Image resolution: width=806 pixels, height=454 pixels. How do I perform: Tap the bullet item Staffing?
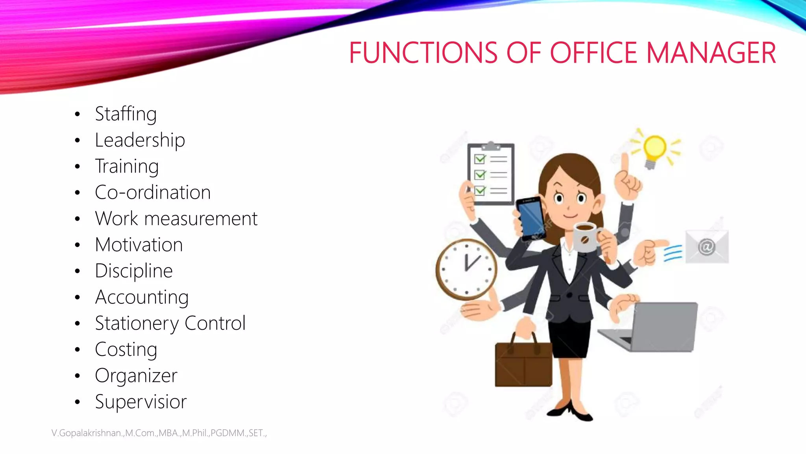click(x=126, y=114)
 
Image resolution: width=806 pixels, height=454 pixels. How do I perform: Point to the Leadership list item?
click(x=140, y=140)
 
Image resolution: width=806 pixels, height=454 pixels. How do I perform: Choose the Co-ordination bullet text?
click(x=153, y=193)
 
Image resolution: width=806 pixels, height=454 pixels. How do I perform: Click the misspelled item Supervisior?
click(x=141, y=402)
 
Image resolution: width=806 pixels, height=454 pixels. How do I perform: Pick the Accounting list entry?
click(x=142, y=297)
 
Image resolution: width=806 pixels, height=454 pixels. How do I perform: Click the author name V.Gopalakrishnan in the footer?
click(x=87, y=433)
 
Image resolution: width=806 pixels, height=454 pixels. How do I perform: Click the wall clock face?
click(x=467, y=269)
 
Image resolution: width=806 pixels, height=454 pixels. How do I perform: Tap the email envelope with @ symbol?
click(x=707, y=247)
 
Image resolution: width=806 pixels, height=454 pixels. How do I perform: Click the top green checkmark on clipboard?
click(x=480, y=159)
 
